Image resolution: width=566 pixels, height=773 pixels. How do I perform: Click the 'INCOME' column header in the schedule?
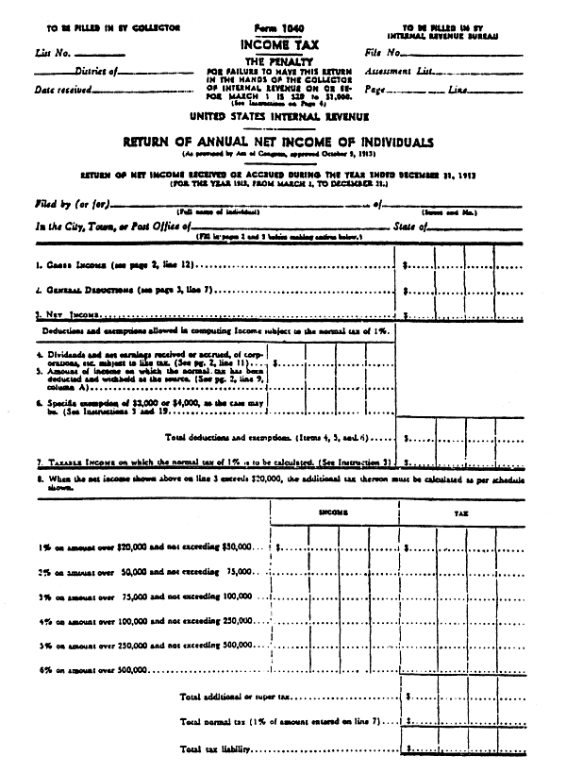(x=331, y=513)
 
